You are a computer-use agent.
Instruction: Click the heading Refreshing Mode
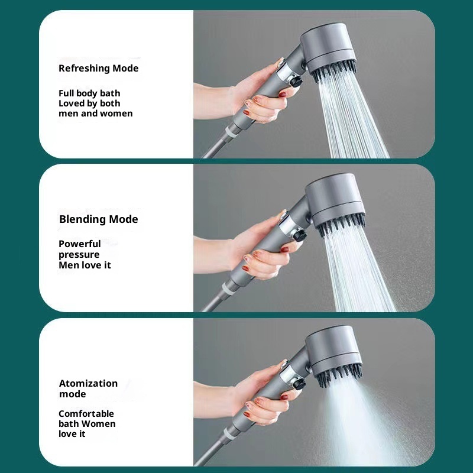98,69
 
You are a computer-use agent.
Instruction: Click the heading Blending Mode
98,219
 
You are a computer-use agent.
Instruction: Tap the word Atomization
88,383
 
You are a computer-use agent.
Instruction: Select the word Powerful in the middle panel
80,244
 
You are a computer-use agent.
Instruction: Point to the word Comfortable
86,413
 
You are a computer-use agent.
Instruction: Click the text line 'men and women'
96,114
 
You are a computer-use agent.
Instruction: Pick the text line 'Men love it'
85,265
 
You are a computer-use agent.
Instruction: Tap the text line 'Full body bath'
89,93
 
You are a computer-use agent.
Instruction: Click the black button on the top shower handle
294,81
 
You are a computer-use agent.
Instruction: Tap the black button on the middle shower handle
300,235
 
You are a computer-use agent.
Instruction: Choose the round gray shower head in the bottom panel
334,351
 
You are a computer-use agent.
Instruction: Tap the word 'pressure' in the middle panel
79,255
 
